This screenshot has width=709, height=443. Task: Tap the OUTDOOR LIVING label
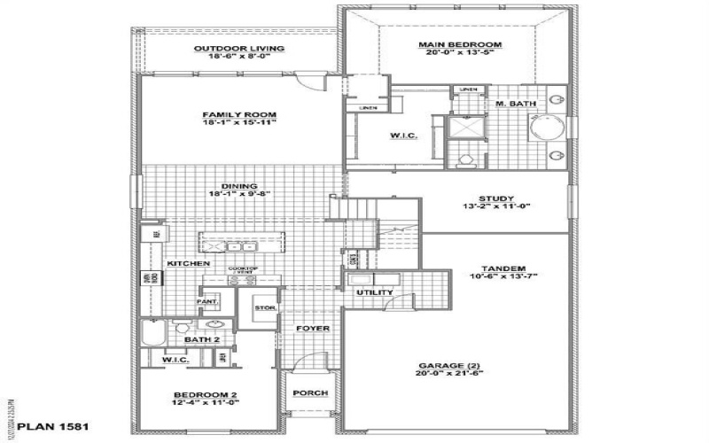239,48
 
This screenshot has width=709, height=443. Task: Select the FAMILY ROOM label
239,115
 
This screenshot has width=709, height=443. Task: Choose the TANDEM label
504,268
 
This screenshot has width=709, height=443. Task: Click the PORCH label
310,393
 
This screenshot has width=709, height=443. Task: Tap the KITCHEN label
188,264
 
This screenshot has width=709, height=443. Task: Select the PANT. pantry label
207,302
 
